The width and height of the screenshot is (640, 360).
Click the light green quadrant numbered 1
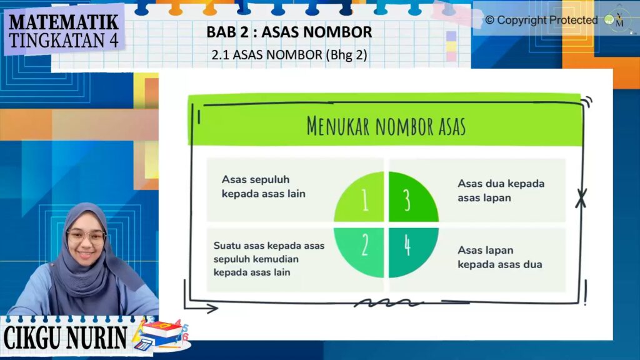[362, 199]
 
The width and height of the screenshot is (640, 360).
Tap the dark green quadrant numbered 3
[411, 199]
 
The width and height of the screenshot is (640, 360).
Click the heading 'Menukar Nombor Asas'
[386, 126]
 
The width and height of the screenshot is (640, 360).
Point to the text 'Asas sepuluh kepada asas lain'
[264, 186]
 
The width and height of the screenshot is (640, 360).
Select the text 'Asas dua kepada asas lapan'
[501, 191]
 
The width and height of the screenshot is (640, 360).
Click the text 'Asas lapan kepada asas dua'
[499, 257]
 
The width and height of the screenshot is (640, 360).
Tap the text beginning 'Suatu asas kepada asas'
[269, 259]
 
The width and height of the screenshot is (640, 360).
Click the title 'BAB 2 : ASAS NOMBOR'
[289, 32]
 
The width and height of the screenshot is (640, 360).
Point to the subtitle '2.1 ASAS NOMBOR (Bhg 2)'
[289, 55]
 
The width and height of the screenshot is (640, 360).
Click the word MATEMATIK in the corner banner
[64, 22]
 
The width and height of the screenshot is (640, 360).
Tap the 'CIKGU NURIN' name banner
[65, 337]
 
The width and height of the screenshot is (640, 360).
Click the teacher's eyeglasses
[86, 236]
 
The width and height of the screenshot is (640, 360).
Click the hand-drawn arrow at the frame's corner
[201, 307]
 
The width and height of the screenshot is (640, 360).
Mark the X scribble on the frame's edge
[581, 198]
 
